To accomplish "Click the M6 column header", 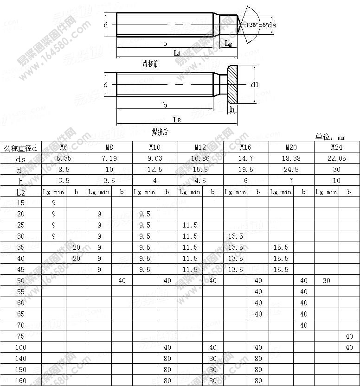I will (x=64, y=147).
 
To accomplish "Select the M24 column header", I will (x=336, y=147).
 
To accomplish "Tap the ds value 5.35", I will (x=64, y=158).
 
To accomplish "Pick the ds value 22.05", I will (x=336, y=158).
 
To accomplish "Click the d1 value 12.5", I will (x=154, y=170).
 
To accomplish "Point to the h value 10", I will (x=336, y=181).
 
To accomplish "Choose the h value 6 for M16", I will (x=245, y=181).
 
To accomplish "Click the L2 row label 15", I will (x=20, y=203).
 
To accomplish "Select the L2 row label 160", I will (x=20, y=381).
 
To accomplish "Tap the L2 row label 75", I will (x=20, y=336).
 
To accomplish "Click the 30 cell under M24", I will (x=327, y=281).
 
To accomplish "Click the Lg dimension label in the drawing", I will (x=228, y=43).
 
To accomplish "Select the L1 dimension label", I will (x=177, y=53).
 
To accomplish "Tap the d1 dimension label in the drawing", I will (x=254, y=85).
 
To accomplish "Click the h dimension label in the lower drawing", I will (x=232, y=109).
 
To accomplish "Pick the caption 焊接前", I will (x=150, y=64).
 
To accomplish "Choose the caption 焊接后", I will (x=160, y=132).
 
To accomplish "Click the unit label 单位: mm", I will (x=330, y=137).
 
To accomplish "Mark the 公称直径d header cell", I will (x=20, y=148).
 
